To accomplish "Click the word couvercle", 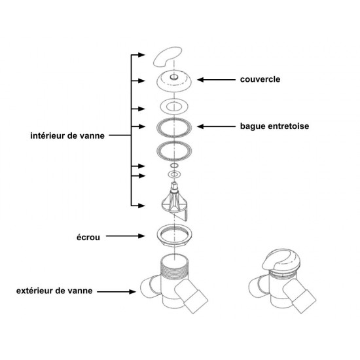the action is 260,79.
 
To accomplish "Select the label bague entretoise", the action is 274,126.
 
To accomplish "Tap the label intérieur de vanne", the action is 67,135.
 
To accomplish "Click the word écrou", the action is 88,237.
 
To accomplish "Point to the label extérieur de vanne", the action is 54,291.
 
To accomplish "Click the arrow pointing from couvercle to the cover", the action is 216,80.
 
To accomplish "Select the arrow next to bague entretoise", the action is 216,126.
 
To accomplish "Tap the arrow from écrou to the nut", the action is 126,236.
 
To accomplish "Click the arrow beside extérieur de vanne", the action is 117,291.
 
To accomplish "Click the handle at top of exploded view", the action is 166,56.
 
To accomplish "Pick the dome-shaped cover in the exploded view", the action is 174,82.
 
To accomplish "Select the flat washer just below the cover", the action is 174,107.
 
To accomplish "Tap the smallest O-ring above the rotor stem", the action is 174,166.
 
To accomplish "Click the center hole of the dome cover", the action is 174,77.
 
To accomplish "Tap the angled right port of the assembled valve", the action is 299,295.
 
